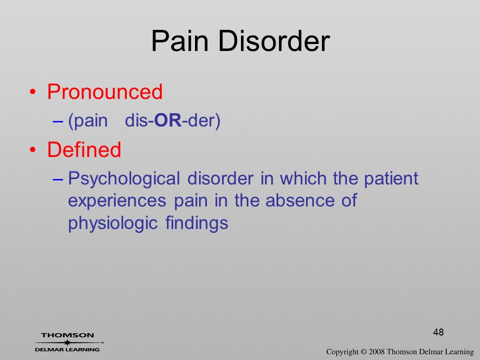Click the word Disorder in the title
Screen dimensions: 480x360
click(273, 41)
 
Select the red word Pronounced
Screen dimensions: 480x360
click(104, 91)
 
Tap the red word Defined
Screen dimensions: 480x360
click(84, 149)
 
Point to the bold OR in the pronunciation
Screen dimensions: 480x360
click(168, 120)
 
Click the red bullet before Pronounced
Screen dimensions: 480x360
click(33, 92)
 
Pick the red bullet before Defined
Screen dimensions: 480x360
click(33, 149)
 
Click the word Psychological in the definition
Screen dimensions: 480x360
click(123, 179)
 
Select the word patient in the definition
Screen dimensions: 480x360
click(391, 178)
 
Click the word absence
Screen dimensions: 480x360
click(300, 200)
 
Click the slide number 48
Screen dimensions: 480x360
click(438, 332)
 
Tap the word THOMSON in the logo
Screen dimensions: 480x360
click(67, 335)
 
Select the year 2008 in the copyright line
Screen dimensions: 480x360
click(376, 351)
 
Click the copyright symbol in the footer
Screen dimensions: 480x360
click(363, 352)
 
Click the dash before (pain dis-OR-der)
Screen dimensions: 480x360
click(58, 121)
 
